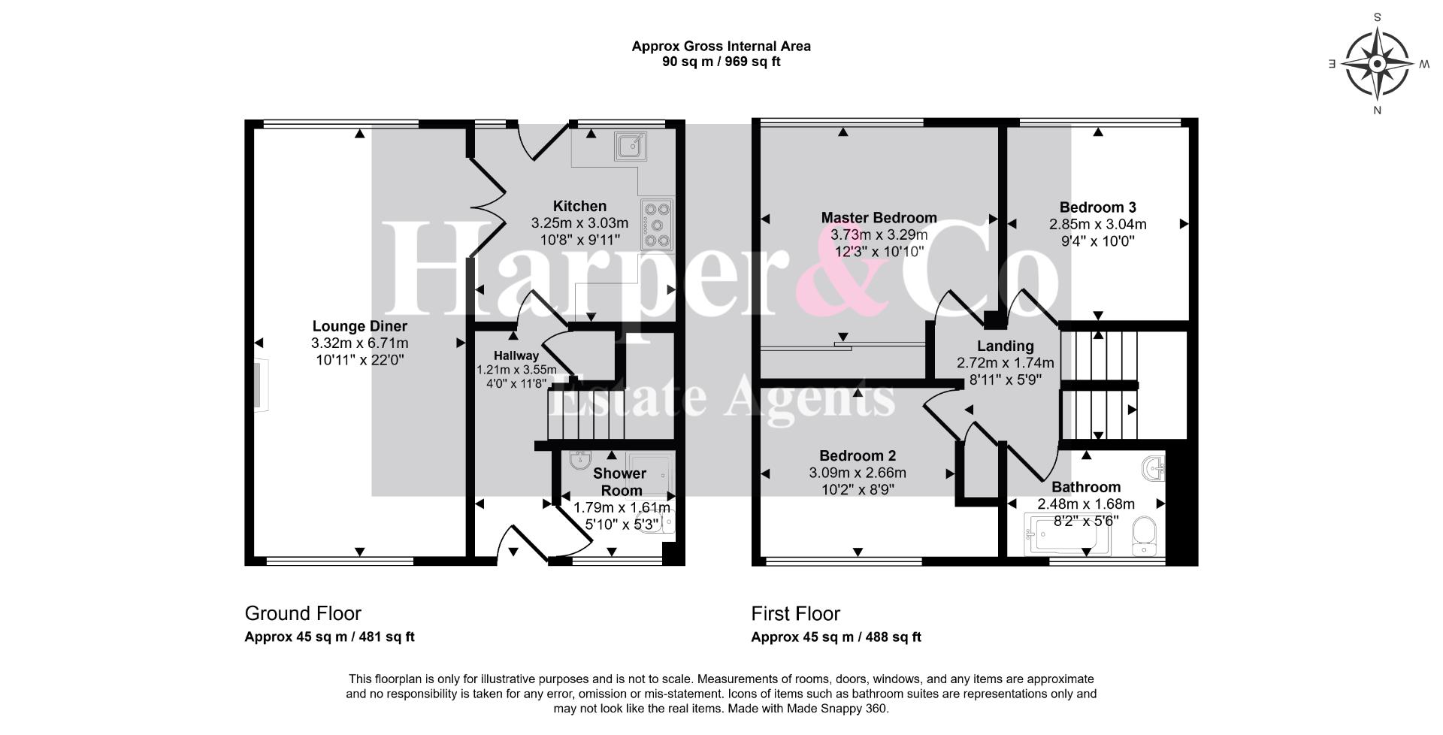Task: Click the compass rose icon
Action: pos(1377,64)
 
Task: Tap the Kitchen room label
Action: pos(579,206)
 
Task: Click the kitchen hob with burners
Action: pos(657,224)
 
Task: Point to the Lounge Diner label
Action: pos(360,326)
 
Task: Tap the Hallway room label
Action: pos(516,355)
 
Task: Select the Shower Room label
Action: pos(620,482)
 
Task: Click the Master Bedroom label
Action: pos(879,218)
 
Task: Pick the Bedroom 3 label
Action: pos(1098,207)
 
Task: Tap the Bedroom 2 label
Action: pos(858,455)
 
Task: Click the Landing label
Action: pos(1006,346)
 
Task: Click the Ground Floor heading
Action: pos(303,613)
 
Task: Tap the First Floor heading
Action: pos(796,613)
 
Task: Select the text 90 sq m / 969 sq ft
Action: pos(721,62)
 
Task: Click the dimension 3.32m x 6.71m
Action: pos(360,343)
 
